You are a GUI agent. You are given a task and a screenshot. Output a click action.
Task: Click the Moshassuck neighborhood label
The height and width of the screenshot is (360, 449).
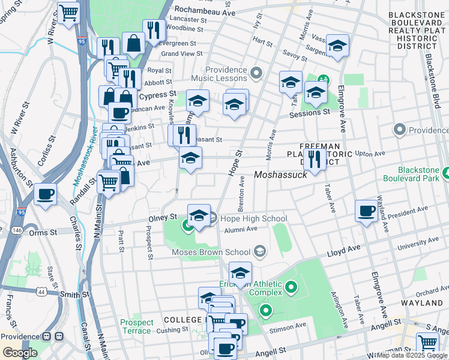tap(280, 175)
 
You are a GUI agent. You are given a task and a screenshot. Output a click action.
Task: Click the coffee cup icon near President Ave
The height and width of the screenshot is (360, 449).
tap(366, 211)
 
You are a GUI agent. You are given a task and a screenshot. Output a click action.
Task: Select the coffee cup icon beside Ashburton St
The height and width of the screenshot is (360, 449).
tap(46, 194)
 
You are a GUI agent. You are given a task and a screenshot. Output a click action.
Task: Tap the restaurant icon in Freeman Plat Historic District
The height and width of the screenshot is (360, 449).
tap(314, 158)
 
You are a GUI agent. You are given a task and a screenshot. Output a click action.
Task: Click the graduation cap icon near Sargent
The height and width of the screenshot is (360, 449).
tap(337, 46)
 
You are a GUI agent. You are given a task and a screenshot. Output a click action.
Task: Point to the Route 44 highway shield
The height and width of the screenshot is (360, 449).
tap(41, 292)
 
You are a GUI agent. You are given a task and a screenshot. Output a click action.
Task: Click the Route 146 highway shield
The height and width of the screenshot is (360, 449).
tap(17, 229)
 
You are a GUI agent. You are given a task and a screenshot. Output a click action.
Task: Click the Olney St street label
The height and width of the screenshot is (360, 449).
tap(164, 217)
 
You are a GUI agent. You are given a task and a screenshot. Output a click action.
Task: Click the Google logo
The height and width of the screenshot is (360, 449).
tap(20, 352)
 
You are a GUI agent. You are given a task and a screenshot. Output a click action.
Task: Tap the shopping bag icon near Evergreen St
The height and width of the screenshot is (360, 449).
tap(133, 42)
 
